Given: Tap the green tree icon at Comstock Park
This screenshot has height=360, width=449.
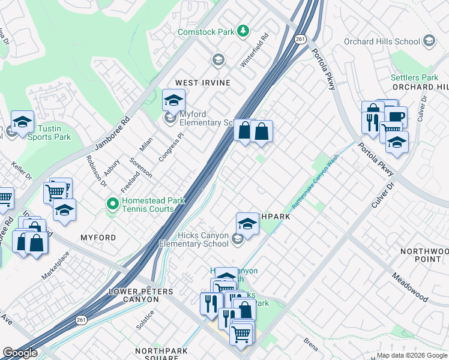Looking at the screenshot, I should (x=243, y=30).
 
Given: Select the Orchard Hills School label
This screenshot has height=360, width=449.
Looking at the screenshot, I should (x=381, y=41).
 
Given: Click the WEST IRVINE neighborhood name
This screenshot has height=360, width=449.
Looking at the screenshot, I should (x=202, y=82).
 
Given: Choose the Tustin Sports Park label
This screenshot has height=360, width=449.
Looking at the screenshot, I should (x=49, y=133).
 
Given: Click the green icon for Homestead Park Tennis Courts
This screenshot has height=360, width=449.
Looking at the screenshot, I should (x=112, y=205).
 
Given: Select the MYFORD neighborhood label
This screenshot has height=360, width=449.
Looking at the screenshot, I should (x=98, y=238).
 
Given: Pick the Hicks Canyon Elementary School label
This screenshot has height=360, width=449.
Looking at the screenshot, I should (x=194, y=239).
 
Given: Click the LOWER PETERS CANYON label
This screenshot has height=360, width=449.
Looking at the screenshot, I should (x=140, y=295).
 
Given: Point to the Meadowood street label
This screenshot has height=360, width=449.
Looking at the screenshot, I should (x=411, y=289).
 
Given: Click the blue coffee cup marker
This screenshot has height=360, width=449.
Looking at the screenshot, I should (x=396, y=116).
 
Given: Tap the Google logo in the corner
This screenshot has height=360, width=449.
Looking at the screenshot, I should (x=20, y=353).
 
